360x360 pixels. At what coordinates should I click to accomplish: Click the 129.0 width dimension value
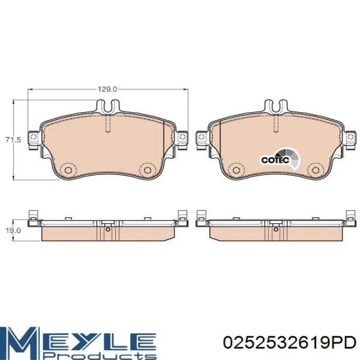107,89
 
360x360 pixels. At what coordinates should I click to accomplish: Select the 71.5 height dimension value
13,139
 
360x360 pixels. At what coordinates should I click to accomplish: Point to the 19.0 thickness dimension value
13,230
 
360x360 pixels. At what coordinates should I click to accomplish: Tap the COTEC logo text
275,160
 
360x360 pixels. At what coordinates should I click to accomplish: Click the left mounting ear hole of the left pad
33,137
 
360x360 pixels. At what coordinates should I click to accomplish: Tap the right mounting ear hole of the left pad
182,137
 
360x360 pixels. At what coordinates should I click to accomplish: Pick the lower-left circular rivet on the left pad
68,170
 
